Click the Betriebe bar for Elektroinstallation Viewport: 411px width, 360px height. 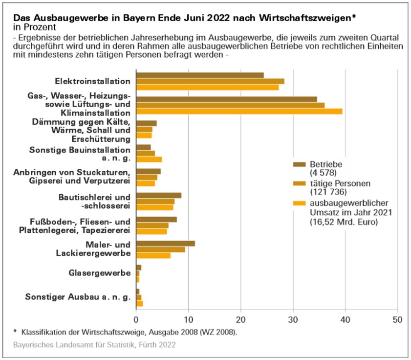200,75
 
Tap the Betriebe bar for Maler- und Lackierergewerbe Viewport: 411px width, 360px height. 166,244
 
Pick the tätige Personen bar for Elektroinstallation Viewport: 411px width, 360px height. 210,81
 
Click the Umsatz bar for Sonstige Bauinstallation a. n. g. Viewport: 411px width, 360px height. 149,159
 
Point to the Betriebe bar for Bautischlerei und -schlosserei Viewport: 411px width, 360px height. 159,196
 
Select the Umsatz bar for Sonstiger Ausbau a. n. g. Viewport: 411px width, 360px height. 140,304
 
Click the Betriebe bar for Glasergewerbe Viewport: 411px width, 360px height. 139,268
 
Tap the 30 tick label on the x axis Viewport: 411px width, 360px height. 293,319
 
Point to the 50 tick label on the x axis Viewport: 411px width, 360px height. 397,319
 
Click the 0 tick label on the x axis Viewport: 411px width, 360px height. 136,319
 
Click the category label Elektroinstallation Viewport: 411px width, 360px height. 93,81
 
